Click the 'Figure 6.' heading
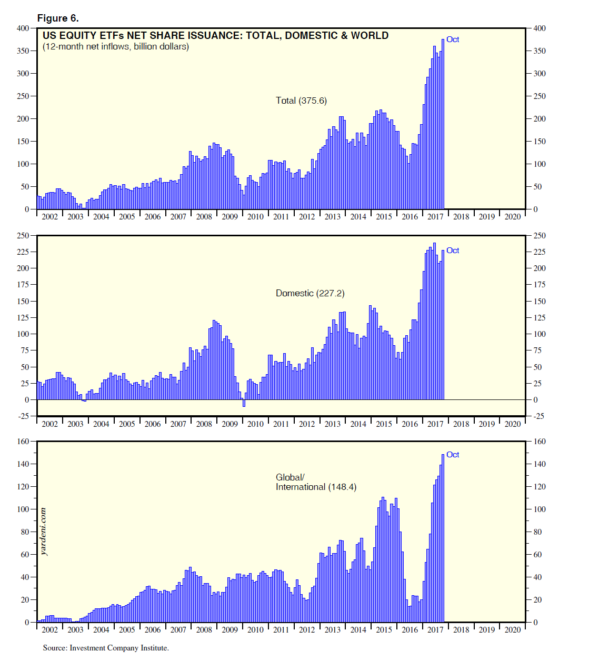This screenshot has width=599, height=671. [x=58, y=18]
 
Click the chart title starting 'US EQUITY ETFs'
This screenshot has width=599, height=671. [x=215, y=36]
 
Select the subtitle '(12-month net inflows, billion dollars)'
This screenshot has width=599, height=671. [x=116, y=47]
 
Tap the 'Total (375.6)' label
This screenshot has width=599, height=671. [x=301, y=101]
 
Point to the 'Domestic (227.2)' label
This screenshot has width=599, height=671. [x=310, y=293]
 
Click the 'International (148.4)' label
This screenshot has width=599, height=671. [x=316, y=487]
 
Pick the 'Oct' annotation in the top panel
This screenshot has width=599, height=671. [x=453, y=39]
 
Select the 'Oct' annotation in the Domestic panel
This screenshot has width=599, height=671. [x=453, y=251]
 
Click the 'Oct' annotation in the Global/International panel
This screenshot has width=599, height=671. [x=453, y=455]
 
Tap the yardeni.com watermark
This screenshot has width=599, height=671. [x=43, y=532]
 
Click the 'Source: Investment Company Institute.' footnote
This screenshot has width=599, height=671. [x=106, y=648]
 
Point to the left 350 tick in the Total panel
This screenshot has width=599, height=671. [x=23, y=51]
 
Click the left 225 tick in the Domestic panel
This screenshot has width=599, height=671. [x=23, y=252]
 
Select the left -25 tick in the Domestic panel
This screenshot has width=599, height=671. [x=23, y=416]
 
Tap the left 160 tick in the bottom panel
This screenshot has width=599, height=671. [x=23, y=442]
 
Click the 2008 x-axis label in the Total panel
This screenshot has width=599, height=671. [x=204, y=216]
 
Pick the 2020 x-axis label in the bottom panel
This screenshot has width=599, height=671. [x=512, y=629]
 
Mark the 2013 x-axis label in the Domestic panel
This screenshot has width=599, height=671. [x=333, y=424]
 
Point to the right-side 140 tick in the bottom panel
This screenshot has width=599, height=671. [x=540, y=464]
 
